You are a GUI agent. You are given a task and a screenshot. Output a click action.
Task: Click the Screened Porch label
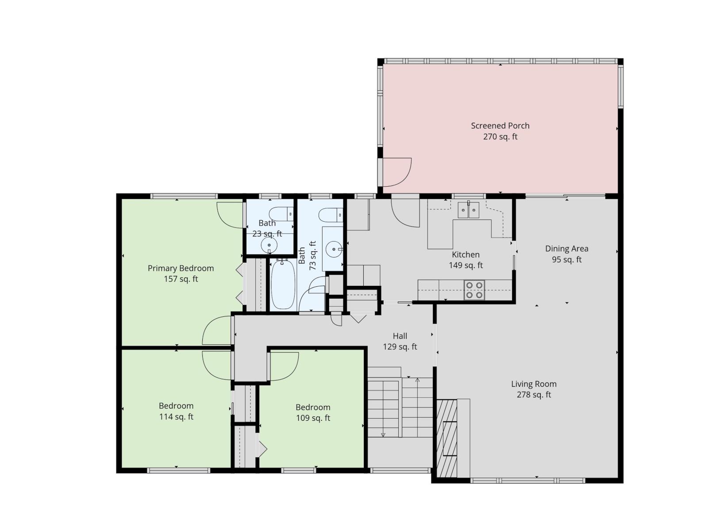(x=500, y=126)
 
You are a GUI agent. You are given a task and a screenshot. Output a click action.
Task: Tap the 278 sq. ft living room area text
(x=534, y=395)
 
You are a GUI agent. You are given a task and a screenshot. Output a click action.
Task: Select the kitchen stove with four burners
(x=474, y=290)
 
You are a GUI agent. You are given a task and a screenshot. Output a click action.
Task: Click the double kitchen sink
(x=468, y=210)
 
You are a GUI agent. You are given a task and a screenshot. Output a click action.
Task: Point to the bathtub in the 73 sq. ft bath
(x=283, y=285)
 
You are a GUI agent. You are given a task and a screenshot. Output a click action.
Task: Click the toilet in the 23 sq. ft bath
(x=281, y=214)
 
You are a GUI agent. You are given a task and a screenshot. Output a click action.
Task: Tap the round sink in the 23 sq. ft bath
(x=269, y=245)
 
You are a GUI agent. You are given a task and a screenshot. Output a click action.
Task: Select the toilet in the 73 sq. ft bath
(x=331, y=215)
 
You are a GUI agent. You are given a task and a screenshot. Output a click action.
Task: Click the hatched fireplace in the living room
(x=447, y=438)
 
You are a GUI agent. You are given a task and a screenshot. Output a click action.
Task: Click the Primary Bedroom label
(x=181, y=268)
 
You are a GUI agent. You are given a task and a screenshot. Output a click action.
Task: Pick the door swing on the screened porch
(x=397, y=173)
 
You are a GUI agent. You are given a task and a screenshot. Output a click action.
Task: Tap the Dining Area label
(x=566, y=249)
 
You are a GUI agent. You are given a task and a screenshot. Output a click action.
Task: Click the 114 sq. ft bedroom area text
(x=176, y=417)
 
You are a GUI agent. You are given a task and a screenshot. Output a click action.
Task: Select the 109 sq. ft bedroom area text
(x=313, y=418)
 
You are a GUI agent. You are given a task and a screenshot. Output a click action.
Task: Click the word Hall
(x=400, y=336)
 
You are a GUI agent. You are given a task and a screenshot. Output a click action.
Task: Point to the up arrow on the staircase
(x=417, y=381)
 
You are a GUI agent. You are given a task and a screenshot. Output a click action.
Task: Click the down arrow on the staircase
(x=383, y=434)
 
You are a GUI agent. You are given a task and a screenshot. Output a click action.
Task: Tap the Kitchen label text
(x=466, y=255)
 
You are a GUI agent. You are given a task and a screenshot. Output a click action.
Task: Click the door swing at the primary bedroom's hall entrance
(x=217, y=331)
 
